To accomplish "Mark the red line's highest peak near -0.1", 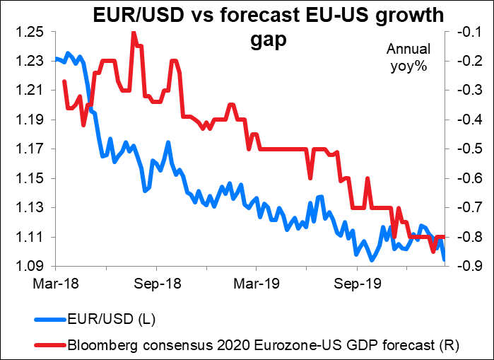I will [133, 33].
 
